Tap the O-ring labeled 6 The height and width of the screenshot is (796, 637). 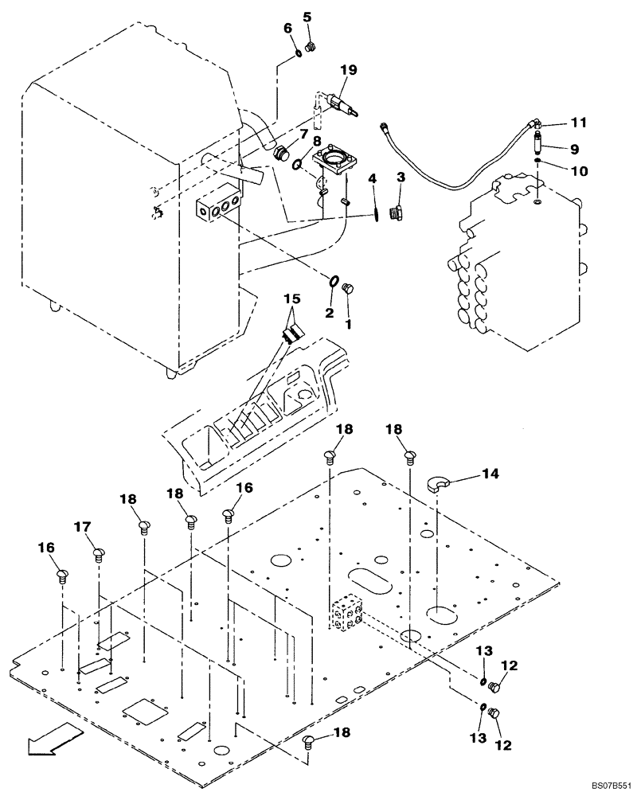coord(295,53)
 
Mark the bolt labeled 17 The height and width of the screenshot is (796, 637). coord(99,553)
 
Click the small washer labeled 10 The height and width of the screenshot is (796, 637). coord(538,162)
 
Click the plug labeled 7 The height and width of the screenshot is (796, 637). coord(280,152)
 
